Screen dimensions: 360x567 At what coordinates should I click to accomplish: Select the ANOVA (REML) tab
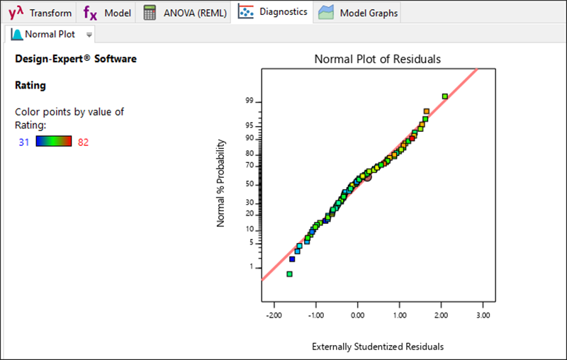click(185, 13)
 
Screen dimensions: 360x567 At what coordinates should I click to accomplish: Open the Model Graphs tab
click(359, 13)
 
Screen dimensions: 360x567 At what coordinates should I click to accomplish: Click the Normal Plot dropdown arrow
click(89, 34)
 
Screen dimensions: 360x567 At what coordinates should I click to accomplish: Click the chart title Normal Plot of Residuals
click(377, 60)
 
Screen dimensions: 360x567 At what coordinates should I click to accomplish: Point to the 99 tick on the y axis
click(249, 101)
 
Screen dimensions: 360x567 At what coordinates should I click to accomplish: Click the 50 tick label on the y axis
click(249, 184)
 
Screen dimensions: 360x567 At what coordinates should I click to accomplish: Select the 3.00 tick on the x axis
click(483, 315)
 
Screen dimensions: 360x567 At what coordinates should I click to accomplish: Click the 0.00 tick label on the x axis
click(358, 315)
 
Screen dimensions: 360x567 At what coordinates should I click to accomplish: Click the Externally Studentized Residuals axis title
click(378, 347)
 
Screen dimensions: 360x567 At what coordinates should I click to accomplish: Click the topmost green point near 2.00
click(444, 96)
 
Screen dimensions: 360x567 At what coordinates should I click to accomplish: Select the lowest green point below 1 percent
click(289, 274)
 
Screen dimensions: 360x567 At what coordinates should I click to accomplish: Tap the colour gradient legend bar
click(54, 142)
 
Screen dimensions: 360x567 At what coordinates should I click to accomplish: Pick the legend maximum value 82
click(84, 142)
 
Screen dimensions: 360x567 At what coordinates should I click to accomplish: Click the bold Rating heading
click(30, 85)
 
